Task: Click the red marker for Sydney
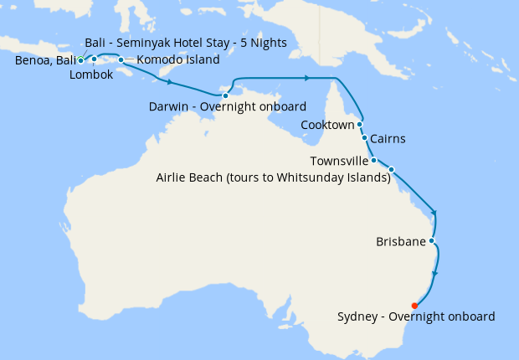click(414, 306)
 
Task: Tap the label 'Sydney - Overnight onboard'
click(416, 317)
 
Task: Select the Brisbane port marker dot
click(431, 241)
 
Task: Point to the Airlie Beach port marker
click(391, 170)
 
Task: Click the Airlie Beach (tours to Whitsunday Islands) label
click(274, 177)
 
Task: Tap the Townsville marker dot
click(373, 160)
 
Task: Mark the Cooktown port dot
click(359, 124)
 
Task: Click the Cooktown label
click(327, 126)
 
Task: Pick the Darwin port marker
click(225, 95)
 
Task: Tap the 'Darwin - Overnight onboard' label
click(227, 107)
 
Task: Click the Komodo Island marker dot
click(121, 59)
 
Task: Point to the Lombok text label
click(90, 75)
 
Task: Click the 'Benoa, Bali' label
click(44, 60)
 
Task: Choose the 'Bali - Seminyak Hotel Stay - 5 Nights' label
click(186, 43)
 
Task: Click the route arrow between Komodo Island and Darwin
click(171, 83)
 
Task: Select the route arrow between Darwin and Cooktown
click(307, 78)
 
